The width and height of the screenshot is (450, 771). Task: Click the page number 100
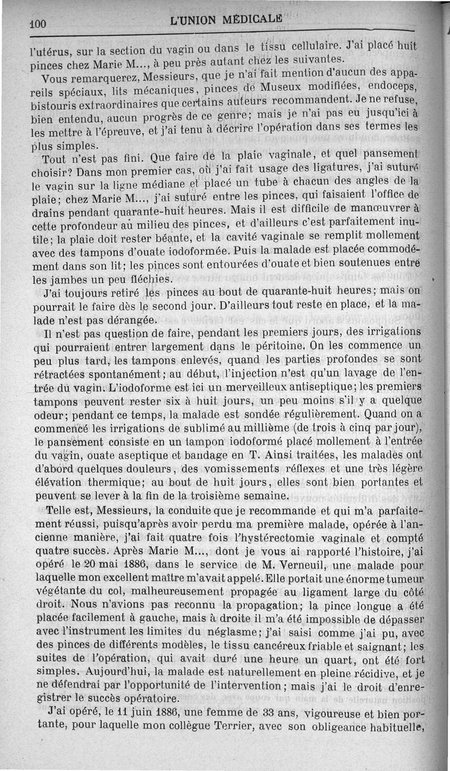coord(38,24)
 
